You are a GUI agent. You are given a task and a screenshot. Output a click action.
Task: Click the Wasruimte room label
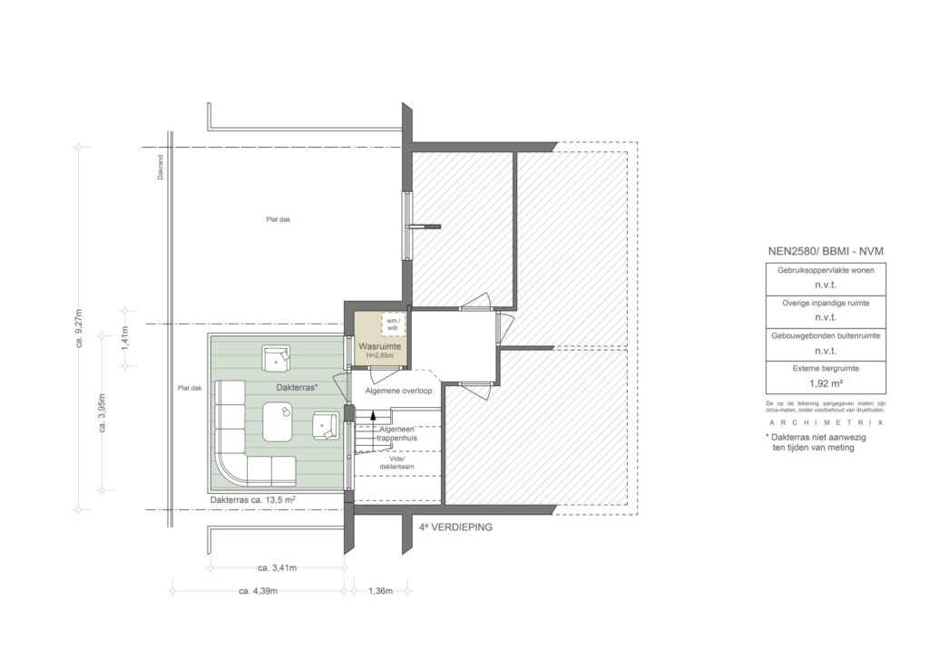click(x=379, y=346)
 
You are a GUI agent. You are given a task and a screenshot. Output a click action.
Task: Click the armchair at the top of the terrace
click(x=276, y=358)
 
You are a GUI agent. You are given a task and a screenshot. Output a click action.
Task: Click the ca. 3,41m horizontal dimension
click(x=277, y=568)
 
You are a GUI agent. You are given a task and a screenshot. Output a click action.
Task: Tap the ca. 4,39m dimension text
click(x=258, y=591)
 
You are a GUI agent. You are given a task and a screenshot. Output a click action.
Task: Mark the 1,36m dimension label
click(x=379, y=591)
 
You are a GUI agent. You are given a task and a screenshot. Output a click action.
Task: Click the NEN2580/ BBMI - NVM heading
click(x=825, y=250)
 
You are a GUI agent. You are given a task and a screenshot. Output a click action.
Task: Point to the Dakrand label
click(x=161, y=173)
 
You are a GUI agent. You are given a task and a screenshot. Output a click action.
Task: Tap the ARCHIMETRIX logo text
click(x=825, y=422)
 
